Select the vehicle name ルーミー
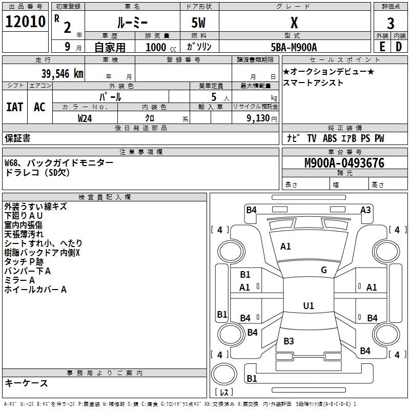coord(132,23)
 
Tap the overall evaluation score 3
coord(391,24)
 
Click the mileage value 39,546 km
coord(62,73)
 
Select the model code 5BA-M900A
coord(294,47)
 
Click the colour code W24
coord(85,118)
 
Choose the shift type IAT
coord(15,107)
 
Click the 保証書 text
coord(17,138)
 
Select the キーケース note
coord(26,383)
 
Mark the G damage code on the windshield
coord(323,270)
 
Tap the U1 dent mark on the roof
coord(308,306)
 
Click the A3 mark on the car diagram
coord(365,210)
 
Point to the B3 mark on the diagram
coord(289,341)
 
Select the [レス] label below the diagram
coord(224,393)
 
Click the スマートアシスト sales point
coord(313,83)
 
